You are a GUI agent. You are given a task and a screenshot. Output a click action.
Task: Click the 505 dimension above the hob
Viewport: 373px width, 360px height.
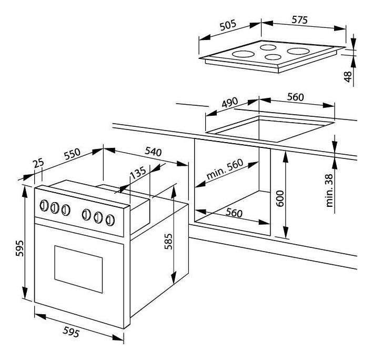(x=228, y=25)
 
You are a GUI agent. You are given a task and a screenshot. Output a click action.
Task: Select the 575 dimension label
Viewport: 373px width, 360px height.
(x=299, y=20)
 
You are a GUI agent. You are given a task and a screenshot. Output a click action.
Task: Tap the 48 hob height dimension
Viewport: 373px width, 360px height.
(x=348, y=77)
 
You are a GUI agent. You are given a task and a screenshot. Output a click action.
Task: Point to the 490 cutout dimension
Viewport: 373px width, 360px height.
(x=229, y=102)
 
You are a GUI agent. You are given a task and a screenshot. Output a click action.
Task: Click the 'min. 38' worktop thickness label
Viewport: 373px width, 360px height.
(x=329, y=191)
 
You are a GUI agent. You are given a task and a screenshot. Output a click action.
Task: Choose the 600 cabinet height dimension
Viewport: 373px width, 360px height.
(x=280, y=198)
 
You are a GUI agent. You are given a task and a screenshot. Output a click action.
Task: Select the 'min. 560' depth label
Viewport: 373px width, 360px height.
(x=225, y=169)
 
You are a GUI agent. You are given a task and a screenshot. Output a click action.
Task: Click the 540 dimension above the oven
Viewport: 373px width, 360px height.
(x=154, y=152)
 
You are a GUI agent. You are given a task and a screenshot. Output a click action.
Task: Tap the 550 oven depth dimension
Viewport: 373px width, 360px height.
(x=72, y=154)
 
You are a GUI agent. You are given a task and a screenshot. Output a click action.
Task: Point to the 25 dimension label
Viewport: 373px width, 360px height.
(x=38, y=163)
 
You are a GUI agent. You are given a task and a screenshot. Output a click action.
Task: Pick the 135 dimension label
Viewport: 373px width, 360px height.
(x=138, y=173)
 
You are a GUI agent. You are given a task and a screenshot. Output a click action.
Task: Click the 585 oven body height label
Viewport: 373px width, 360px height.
(x=168, y=241)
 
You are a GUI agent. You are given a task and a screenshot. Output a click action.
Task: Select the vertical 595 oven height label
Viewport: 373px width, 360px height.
(x=20, y=248)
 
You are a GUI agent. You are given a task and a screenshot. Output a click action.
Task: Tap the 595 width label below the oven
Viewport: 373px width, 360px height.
(x=71, y=332)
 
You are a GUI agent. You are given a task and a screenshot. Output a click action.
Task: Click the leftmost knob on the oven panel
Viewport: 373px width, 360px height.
(x=44, y=206)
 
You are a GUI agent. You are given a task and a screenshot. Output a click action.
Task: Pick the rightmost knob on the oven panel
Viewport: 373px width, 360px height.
(x=110, y=220)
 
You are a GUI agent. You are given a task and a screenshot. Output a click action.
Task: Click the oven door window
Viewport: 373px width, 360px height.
(x=78, y=269)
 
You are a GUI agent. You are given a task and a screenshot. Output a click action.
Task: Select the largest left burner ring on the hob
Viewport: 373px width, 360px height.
(x=244, y=54)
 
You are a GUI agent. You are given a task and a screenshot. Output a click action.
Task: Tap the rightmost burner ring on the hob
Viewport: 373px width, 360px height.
(x=298, y=51)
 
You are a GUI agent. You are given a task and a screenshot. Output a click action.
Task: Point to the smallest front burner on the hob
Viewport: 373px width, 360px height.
(x=273, y=57)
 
